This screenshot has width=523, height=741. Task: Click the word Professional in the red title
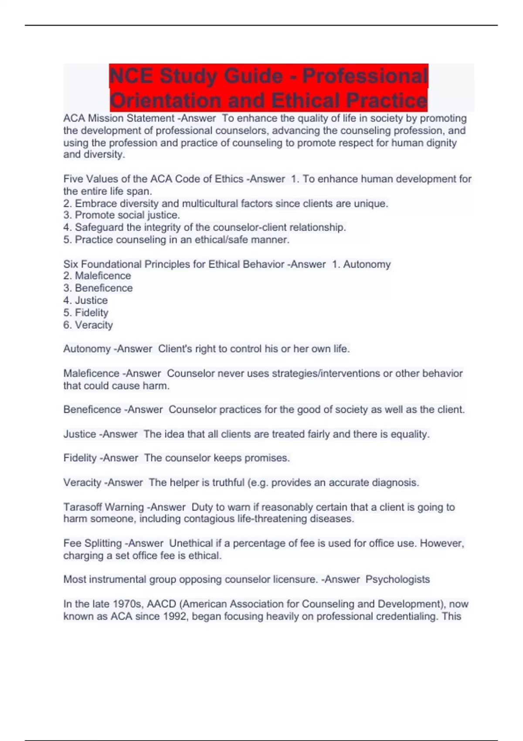[365, 76]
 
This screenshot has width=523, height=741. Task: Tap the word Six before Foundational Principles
[71, 264]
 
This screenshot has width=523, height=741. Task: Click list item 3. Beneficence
[98, 288]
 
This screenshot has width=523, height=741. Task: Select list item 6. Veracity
[88, 325]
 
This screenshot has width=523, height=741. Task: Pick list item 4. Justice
[85, 300]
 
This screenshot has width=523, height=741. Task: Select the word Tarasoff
[82, 507]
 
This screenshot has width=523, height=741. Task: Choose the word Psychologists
[397, 579]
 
